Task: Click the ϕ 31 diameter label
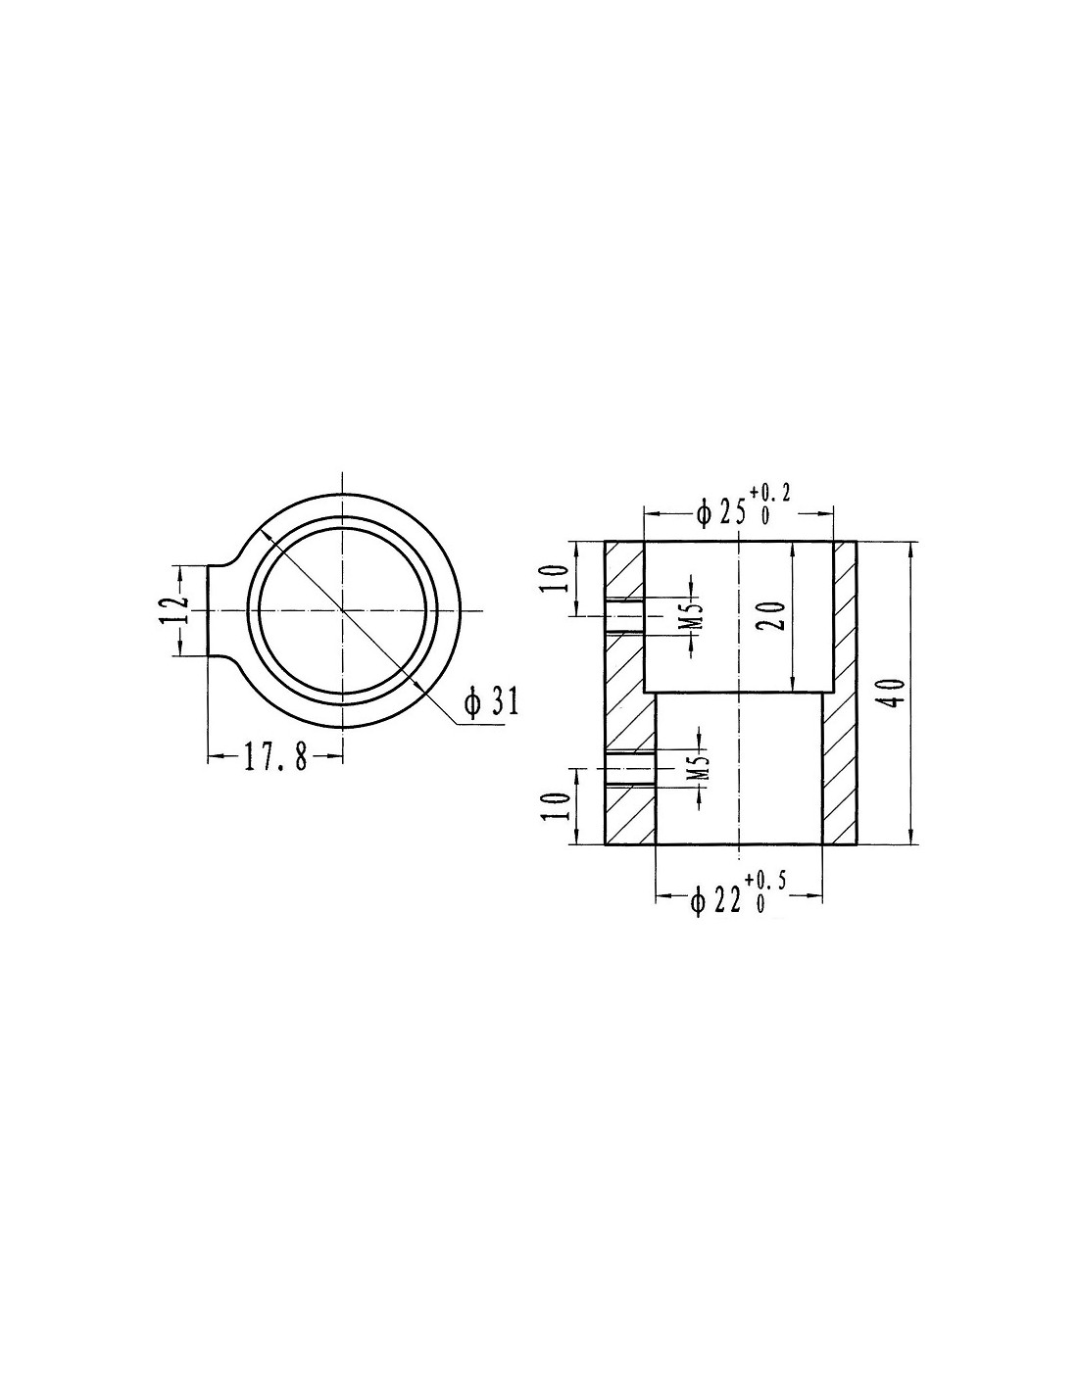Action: tap(492, 702)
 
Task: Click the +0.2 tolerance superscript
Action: tap(770, 494)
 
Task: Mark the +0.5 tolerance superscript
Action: tap(765, 881)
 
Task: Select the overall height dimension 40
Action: tap(894, 693)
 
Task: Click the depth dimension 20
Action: tap(774, 616)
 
